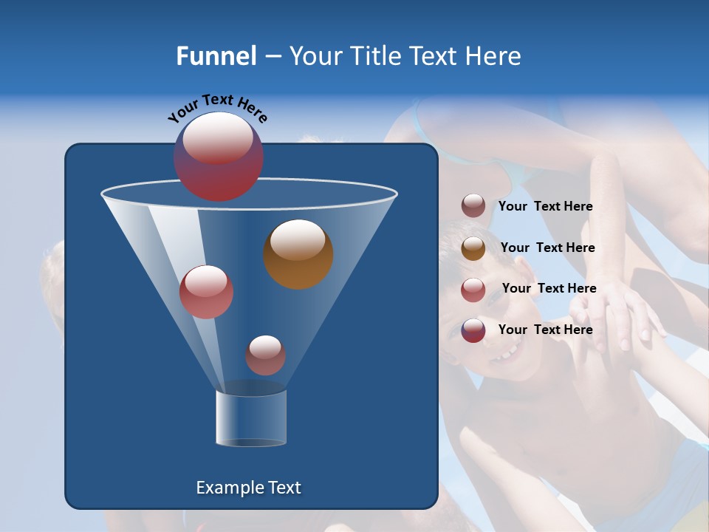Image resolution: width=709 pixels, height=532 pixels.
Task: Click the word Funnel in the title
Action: pos(216,56)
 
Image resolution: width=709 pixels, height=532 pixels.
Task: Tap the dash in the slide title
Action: pos(272,57)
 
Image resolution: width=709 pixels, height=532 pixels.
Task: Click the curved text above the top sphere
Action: pos(217,107)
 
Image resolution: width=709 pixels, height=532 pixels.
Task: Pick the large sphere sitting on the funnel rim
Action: pos(218,157)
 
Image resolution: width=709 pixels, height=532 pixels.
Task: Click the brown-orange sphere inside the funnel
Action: pos(298,253)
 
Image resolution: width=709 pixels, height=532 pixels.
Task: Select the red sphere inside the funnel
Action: pos(206,292)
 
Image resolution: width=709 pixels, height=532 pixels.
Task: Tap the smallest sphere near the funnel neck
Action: pos(265,355)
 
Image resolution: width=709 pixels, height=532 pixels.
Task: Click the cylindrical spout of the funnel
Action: pos(250,418)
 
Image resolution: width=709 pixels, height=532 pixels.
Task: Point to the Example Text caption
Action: pos(248,488)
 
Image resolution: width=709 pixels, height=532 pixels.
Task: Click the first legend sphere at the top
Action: pos(473,206)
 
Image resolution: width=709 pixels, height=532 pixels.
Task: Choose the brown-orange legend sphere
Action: pos(473,248)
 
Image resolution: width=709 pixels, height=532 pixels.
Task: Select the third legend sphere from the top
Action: pos(473,289)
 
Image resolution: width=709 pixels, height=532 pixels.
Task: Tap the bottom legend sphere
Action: pos(473,330)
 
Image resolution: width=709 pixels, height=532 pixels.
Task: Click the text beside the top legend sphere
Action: pos(545,207)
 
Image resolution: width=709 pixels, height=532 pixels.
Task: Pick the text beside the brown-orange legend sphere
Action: pos(547,248)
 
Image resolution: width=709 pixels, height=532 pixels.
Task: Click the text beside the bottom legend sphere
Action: pos(545,330)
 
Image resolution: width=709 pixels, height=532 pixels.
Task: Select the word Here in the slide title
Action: pos(494,56)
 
